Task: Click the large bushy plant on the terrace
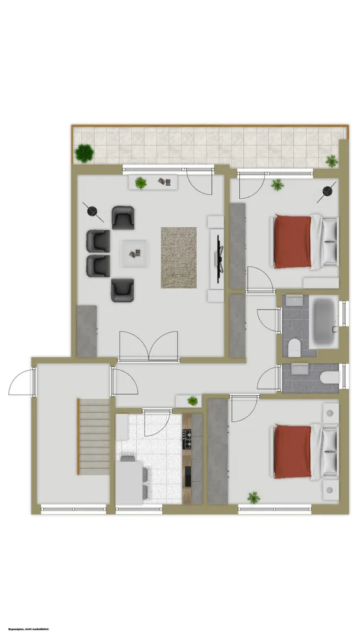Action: click(x=85, y=153)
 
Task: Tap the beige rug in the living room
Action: click(x=179, y=257)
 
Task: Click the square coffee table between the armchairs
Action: click(x=134, y=253)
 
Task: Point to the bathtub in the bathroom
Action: click(x=324, y=322)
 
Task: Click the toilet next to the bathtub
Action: click(x=294, y=349)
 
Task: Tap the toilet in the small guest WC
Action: click(x=329, y=377)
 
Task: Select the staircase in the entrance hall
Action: click(x=94, y=437)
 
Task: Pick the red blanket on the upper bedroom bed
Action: click(x=292, y=241)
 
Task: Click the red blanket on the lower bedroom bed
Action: click(x=292, y=451)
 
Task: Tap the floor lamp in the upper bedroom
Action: click(x=327, y=192)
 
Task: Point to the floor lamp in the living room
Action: click(x=93, y=212)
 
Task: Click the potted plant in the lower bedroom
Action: click(x=253, y=498)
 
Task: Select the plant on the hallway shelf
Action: click(x=192, y=401)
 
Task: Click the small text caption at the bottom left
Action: click(x=28, y=629)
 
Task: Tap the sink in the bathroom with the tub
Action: click(x=294, y=301)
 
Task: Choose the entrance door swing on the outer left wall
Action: click(x=21, y=382)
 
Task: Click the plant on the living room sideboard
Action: click(x=141, y=183)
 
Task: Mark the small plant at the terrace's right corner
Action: click(x=332, y=161)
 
